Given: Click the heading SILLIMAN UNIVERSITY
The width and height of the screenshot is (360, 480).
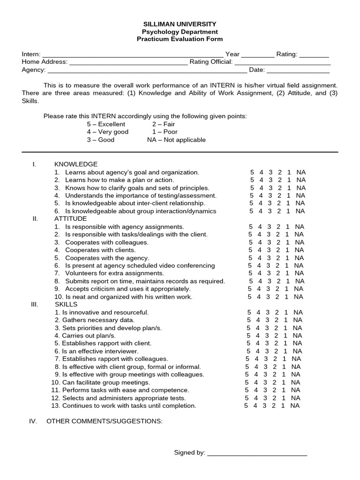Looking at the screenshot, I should (180, 24).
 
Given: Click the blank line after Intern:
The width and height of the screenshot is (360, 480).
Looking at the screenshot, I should (133, 55).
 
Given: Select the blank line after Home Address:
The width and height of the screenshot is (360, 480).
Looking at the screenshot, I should (128, 62).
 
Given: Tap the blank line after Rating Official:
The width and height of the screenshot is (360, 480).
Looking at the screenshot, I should (282, 62).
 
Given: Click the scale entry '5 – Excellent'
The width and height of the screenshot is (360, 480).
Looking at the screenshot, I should (106, 124).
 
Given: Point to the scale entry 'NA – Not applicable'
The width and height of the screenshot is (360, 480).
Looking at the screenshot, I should (176, 140).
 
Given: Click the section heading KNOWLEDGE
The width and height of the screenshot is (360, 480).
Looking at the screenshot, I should (76, 164).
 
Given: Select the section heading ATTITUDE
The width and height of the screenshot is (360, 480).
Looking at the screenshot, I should (71, 218).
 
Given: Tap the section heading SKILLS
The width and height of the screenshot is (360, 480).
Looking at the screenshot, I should (66, 304).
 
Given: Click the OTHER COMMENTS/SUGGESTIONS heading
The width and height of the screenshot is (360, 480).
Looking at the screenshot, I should (105, 421).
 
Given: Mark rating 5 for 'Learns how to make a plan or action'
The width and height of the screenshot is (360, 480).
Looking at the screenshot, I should (252, 180).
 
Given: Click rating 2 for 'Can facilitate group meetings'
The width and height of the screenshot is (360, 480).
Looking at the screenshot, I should (275, 382).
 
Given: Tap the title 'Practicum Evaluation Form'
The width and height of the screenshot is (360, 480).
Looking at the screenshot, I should (180, 39).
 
